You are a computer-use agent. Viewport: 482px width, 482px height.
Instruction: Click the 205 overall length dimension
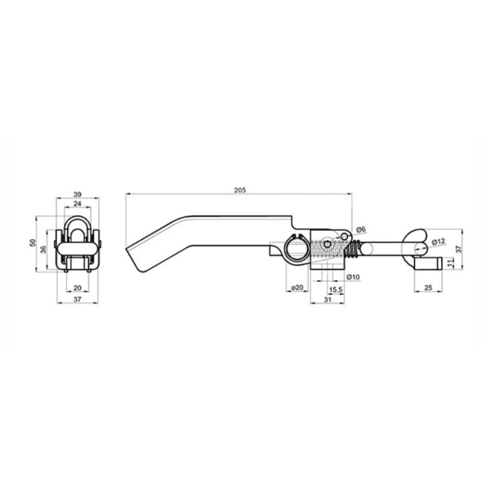pos(240,190)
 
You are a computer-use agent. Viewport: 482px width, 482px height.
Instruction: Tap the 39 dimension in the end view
pos(78,194)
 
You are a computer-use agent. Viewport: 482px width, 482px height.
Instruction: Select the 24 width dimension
pos(78,203)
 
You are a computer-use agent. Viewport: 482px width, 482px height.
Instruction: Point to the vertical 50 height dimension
pos(33,243)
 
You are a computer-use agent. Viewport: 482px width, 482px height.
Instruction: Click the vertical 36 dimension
pos(44,249)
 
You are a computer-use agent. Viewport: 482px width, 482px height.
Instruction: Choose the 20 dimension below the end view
pos(78,288)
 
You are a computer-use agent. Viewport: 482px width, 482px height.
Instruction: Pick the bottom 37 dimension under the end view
pos(78,299)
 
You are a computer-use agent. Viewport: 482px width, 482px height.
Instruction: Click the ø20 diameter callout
pos(297,288)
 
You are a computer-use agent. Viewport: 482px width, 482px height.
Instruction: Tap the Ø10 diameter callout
pos(353,277)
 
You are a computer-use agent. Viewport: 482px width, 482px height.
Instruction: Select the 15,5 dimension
pos(336,290)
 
